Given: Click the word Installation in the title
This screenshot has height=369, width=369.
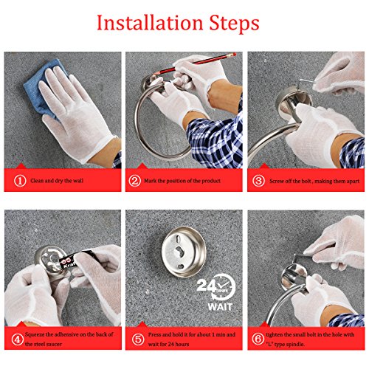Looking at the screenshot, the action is click(x=150, y=23).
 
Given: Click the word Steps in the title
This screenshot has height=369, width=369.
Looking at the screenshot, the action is click(x=234, y=24).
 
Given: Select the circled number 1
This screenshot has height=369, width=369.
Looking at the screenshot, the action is click(x=20, y=181).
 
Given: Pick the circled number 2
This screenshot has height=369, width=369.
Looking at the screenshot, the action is click(x=135, y=181).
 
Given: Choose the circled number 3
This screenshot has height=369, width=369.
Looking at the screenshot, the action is click(x=258, y=181).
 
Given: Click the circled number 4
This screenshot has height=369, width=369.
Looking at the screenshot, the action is click(x=17, y=339).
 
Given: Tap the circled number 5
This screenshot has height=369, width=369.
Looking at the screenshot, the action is click(x=138, y=339).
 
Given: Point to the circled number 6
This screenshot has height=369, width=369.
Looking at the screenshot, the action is click(x=258, y=339).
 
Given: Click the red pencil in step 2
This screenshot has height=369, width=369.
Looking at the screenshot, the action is click(x=194, y=63).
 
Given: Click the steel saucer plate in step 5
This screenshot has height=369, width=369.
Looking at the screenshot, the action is click(x=184, y=252).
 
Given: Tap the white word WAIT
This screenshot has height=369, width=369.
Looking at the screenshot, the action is click(x=220, y=307).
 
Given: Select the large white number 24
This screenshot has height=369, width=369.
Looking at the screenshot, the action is click(x=206, y=286).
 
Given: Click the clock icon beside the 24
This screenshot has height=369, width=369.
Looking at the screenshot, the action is click(x=224, y=286).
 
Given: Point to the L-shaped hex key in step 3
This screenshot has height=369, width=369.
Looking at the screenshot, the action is click(x=308, y=82).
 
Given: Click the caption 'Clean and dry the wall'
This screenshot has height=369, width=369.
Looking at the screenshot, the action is click(x=57, y=181).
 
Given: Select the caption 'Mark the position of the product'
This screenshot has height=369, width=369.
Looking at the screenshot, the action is click(x=182, y=181).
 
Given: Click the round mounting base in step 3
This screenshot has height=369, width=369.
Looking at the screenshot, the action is click(x=294, y=101).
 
